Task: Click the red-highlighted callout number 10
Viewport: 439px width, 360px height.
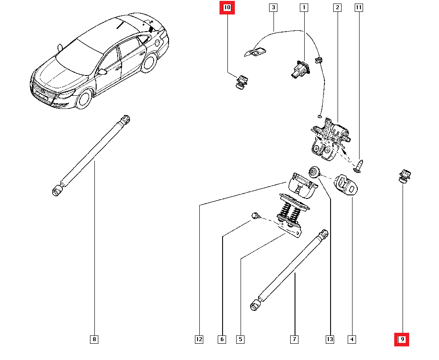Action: pos(227,7)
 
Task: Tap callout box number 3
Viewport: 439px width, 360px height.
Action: pos(273,7)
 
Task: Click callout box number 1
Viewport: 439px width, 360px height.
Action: pos(303,7)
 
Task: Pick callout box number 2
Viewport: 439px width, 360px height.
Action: pos(337,7)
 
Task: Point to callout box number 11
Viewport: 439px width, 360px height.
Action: pos(359,7)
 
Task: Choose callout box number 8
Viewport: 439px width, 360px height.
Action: pos(94,339)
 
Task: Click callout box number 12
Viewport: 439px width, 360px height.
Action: pos(199,339)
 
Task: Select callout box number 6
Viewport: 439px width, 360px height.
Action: pos(222,339)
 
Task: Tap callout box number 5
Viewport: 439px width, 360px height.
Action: pos(240,339)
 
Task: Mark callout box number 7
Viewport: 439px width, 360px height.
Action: pos(294,339)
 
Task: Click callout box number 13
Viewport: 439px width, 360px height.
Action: pos(330,339)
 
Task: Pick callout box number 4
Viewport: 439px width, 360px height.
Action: pos(351,339)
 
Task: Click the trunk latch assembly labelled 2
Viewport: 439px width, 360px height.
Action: pos(330,137)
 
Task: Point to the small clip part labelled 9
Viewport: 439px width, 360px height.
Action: pos(403,176)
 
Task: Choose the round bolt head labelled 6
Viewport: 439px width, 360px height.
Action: pos(254,215)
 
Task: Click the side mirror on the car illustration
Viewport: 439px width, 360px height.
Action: pos(102,72)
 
